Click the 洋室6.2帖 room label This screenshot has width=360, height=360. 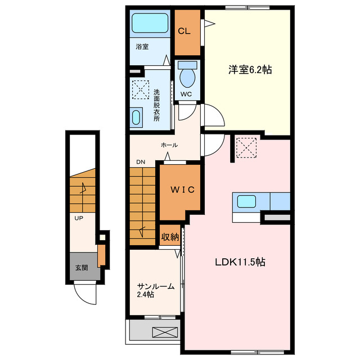250,70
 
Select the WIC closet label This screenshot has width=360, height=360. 179,190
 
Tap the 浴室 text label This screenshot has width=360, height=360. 142,47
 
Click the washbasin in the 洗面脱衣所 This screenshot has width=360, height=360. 137,118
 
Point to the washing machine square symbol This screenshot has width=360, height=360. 139,88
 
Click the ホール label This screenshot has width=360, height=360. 169,145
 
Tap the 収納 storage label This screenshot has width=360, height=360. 170,237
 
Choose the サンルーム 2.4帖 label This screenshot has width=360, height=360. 153,290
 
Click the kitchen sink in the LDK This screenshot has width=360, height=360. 246,201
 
